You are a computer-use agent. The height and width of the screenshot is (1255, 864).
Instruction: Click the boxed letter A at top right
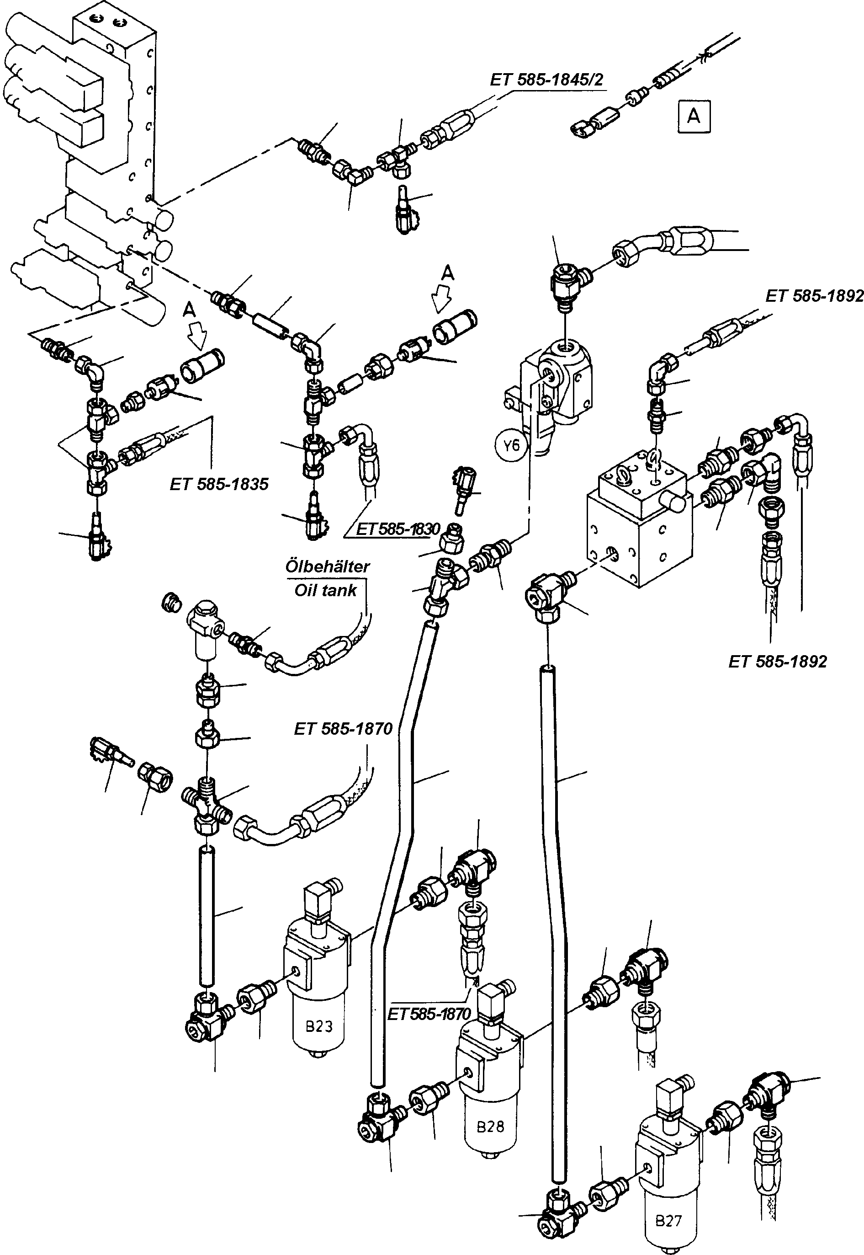(x=694, y=116)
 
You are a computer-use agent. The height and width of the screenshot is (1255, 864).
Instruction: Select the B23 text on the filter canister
(x=319, y=1025)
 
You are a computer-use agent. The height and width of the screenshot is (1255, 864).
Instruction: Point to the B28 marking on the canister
(x=490, y=1126)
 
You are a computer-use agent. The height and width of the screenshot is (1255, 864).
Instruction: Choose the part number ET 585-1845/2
(x=546, y=80)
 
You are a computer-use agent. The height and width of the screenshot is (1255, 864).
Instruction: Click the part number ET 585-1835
(x=219, y=484)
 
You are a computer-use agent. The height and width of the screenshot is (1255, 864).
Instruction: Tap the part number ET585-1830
(x=398, y=529)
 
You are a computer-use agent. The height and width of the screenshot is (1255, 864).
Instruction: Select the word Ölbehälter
(x=328, y=566)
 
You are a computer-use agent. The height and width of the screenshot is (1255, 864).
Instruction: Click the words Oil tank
(x=325, y=590)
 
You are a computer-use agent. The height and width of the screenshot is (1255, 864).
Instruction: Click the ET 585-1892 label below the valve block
(x=777, y=662)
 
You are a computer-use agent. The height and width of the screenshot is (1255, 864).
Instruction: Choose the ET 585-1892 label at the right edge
(x=814, y=296)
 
